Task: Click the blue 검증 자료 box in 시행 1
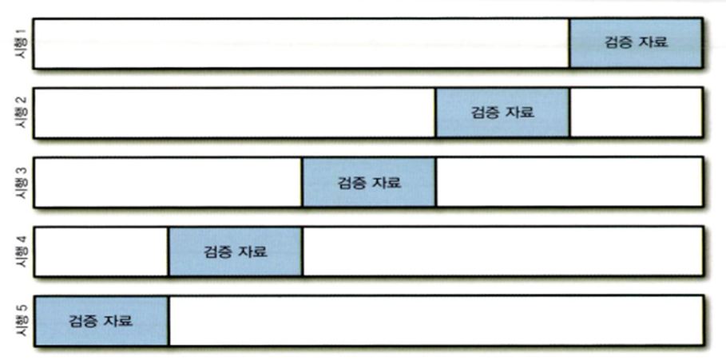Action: click(636, 44)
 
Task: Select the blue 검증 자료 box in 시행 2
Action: click(502, 113)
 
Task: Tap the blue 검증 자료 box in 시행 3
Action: click(369, 182)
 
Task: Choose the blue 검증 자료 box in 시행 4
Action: click(235, 251)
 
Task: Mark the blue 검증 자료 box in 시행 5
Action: click(101, 321)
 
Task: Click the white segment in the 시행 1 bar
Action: click(302, 44)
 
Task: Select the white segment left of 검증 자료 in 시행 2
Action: click(235, 113)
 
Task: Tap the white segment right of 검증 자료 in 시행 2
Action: click(636, 113)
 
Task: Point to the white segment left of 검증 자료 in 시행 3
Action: click(169, 182)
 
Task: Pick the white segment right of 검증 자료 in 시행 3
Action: click(569, 182)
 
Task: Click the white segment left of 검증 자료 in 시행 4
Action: click(101, 251)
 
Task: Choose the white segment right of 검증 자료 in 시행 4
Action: click(502, 251)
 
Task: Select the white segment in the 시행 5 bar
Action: click(435, 321)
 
